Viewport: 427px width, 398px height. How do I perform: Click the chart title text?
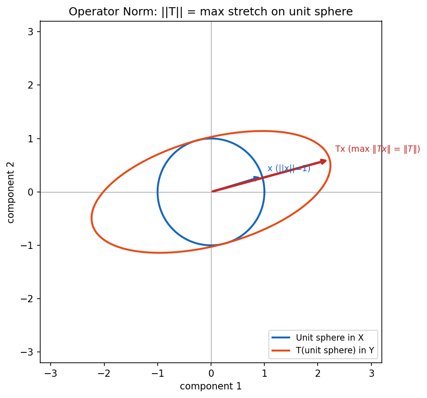[x=211, y=12]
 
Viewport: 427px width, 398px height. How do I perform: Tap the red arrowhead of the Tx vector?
[x=323, y=162]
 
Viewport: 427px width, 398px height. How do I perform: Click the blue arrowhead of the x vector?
[x=257, y=178]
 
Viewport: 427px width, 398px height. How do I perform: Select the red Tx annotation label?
[x=377, y=149]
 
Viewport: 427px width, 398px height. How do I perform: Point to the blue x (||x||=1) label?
[x=289, y=169]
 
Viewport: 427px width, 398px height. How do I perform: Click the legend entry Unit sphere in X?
[x=329, y=337]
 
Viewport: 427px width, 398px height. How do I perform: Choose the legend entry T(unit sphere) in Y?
[x=335, y=350]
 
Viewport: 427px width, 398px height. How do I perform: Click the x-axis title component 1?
[x=211, y=386]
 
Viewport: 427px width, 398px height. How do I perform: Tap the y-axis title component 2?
[x=10, y=192]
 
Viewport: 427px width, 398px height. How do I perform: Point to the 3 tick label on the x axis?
[x=371, y=374]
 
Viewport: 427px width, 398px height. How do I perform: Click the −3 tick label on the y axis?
[x=27, y=352]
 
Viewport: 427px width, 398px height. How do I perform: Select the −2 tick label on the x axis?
[x=104, y=374]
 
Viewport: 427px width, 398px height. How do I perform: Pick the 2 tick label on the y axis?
[x=31, y=85]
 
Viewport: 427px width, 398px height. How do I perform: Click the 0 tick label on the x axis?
[x=211, y=374]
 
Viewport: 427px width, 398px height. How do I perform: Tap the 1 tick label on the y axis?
[x=31, y=139]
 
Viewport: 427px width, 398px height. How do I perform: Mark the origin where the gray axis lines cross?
[x=211, y=192]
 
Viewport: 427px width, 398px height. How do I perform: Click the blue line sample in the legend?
[x=281, y=337]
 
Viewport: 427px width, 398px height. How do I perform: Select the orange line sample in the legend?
[x=281, y=351]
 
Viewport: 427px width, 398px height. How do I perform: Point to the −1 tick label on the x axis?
[x=157, y=374]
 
